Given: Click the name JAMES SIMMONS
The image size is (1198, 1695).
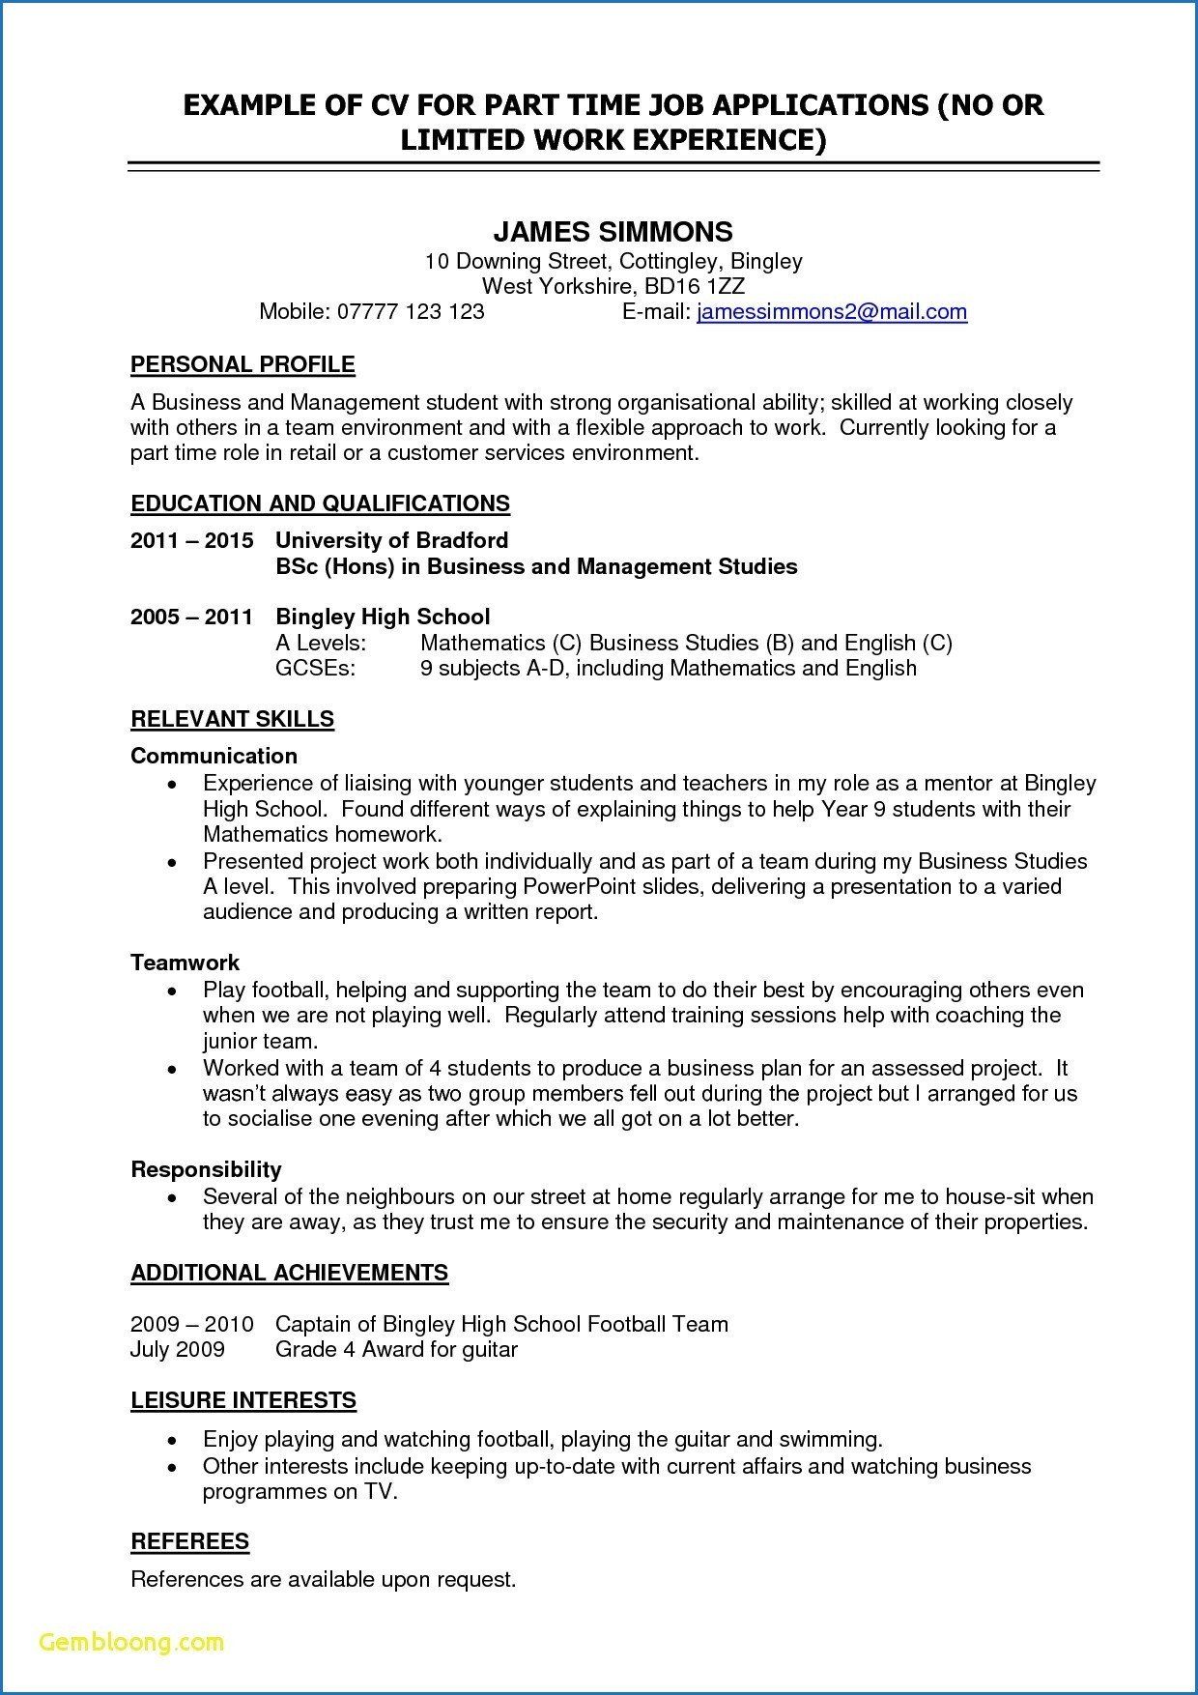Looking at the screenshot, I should coord(613,232).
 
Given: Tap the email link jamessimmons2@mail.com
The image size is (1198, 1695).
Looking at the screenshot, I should coord(831,311).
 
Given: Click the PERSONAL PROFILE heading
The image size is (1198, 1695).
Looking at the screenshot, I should coord(242,364).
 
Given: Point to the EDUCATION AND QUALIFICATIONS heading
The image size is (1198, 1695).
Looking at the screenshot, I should coord(320,503).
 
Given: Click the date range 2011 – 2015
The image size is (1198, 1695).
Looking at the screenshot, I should coord(191,540).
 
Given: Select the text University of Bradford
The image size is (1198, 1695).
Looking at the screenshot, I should coord(391,540).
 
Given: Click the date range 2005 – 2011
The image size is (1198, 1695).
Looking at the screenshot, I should coord(191,617).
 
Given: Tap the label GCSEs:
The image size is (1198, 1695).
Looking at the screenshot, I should coord(315,668).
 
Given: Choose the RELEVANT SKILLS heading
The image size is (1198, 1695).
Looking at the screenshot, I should coord(232,719).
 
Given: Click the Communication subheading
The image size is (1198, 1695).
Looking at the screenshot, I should coord(214,756).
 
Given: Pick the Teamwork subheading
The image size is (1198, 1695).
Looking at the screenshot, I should coord(185,962).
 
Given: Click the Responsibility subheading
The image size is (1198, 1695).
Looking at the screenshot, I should coord(206,1169).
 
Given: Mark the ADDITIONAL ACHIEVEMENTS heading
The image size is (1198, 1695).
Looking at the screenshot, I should coord(289,1273).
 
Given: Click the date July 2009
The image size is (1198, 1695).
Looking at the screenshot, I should coord(177,1349).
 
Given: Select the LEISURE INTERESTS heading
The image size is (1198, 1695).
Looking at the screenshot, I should coord(243,1400).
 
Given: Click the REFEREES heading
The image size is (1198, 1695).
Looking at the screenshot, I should coord(189,1541).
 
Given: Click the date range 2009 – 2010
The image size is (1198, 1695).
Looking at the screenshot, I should coord(191,1324).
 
